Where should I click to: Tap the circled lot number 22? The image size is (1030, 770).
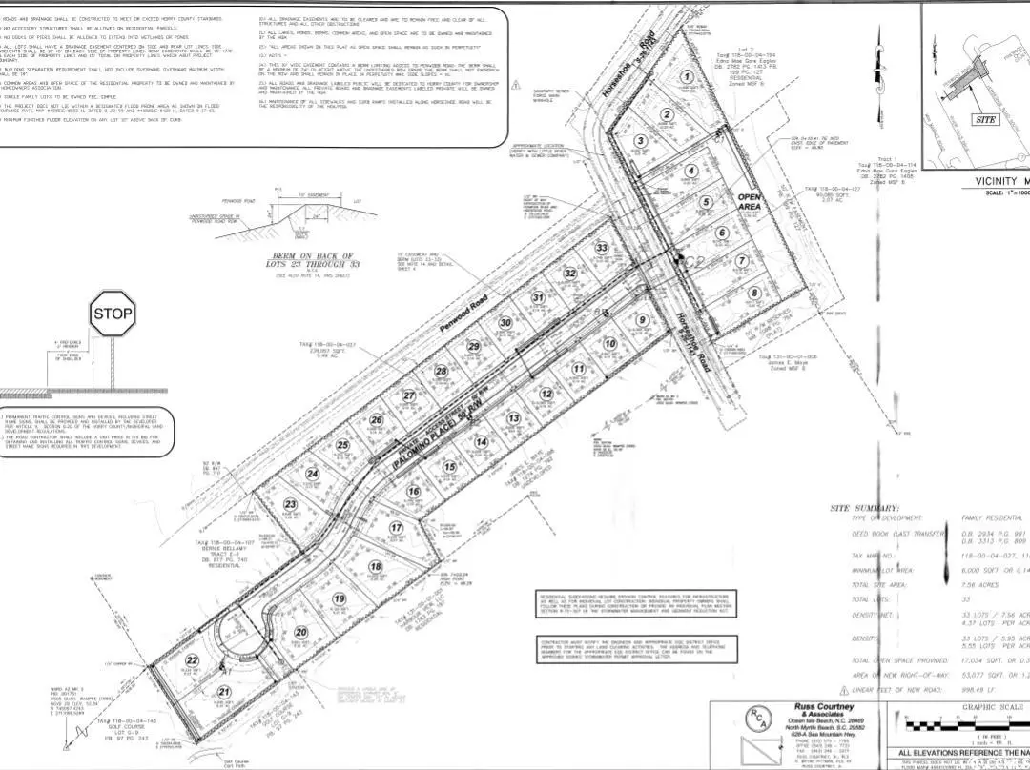pyautogui.click(x=192, y=660)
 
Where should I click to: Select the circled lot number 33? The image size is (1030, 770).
pyautogui.click(x=601, y=248)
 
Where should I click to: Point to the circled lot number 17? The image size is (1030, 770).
pyautogui.click(x=397, y=528)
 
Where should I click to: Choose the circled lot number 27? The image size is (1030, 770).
pyautogui.click(x=408, y=395)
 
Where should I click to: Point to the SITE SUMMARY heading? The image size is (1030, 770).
pyautogui.click(x=864, y=508)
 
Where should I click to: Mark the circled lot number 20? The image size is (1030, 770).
pyautogui.click(x=301, y=632)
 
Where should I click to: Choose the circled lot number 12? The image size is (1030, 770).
pyautogui.click(x=546, y=394)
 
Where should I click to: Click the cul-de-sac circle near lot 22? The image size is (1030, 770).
pyautogui.click(x=238, y=641)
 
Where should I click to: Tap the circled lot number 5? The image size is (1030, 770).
pyautogui.click(x=706, y=202)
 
